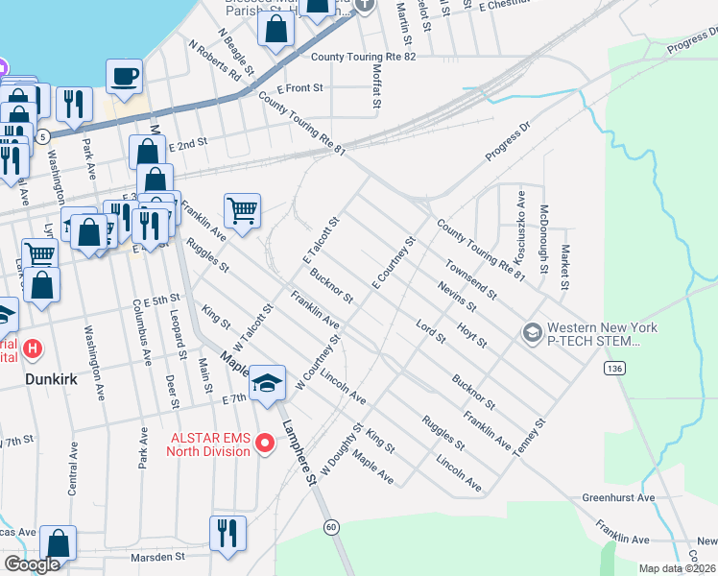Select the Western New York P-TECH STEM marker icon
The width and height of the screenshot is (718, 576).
point(531,333)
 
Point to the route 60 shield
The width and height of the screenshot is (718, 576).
point(331,526)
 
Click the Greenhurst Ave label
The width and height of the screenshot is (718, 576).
point(618,498)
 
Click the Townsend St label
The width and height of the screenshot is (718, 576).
point(470,278)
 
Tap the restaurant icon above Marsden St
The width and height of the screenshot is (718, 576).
point(227,533)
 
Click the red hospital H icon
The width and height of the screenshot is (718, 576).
point(34,348)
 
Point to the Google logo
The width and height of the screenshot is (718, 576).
point(31,564)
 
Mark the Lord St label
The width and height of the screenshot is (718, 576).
point(430,334)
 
